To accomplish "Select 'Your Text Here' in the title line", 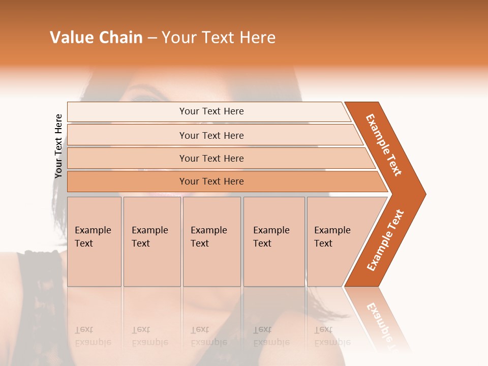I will [219, 38].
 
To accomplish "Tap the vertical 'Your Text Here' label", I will [58, 146].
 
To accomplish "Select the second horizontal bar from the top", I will [211, 135].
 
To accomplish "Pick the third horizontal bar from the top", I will [211, 158].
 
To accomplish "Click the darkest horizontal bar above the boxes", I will [211, 181].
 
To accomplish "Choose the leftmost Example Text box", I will [94, 241].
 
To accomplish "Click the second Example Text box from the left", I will [151, 241].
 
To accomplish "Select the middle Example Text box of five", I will [211, 241].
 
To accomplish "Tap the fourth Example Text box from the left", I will [273, 241].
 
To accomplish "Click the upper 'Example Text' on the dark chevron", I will [384, 145].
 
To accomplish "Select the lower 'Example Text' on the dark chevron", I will [385, 240].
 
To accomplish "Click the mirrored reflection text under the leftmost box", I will [93, 336].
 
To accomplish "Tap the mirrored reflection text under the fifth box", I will [332, 336].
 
